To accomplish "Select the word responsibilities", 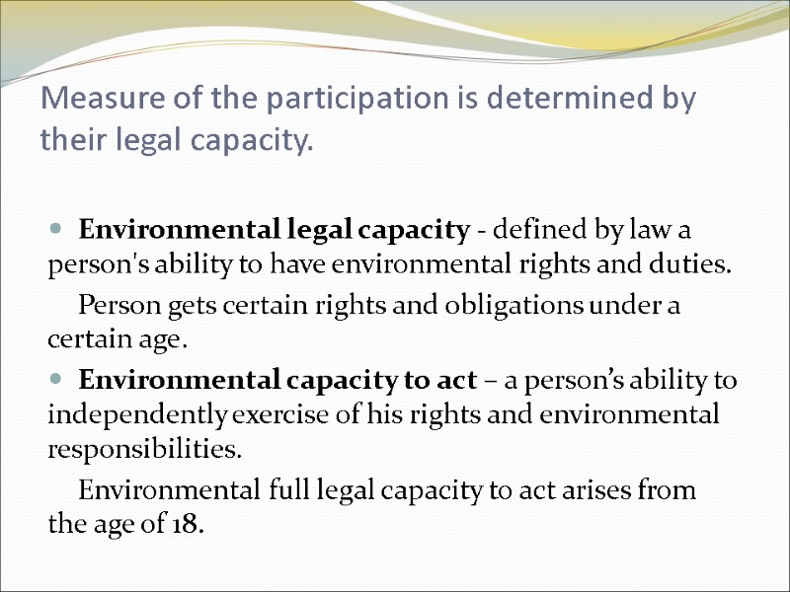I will [144, 451].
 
